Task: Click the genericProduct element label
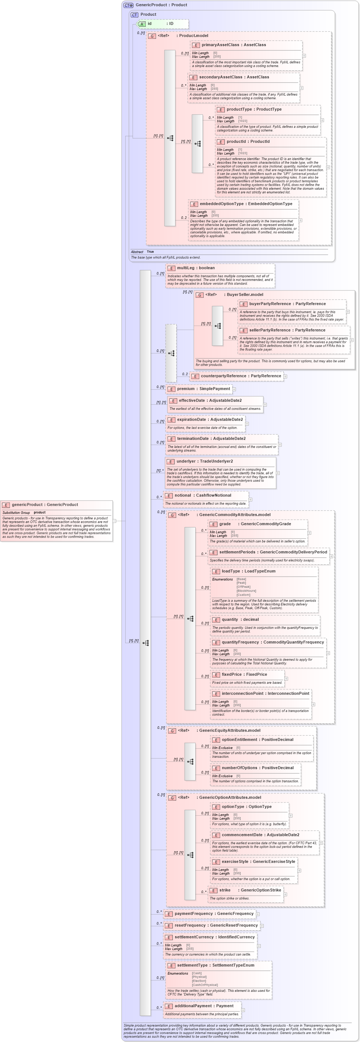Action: tap(44, 504)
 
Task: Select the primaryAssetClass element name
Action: tap(220, 45)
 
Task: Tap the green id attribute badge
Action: tap(142, 24)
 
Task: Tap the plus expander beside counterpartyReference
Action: tap(285, 377)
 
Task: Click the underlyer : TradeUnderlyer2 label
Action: tap(204, 461)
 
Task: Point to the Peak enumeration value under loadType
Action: tap(241, 583)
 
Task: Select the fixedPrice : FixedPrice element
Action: tap(244, 674)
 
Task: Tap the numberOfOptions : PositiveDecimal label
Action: tap(257, 768)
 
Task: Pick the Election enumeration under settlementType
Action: tap(199, 981)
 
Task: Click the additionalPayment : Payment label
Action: tap(204, 1006)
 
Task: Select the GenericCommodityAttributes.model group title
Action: tap(234, 515)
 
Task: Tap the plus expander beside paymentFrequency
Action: tap(258, 914)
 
